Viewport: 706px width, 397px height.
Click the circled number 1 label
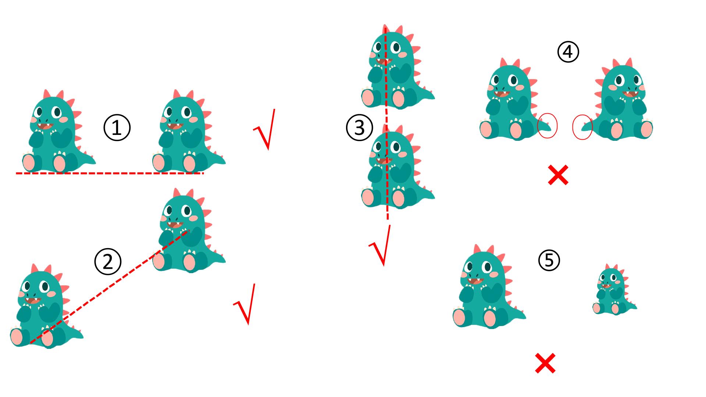coord(117,128)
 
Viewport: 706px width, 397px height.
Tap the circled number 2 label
coord(107,262)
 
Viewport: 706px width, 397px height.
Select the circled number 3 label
coord(359,128)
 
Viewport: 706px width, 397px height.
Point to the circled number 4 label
coord(568,52)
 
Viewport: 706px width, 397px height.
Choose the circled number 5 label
coord(549,260)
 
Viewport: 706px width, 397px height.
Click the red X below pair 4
coord(558,175)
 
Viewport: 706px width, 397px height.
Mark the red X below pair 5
coord(545,364)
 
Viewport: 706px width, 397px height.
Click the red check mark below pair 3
coord(381,245)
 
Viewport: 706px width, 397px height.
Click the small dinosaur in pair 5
coord(614,289)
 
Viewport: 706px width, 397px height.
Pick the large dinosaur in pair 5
coord(489,286)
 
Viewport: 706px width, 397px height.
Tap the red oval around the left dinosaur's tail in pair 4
coord(547,125)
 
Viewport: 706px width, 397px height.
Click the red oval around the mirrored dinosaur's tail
coord(582,127)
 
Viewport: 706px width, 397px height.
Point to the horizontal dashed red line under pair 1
coord(110,173)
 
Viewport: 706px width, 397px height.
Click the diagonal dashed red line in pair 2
coord(110,287)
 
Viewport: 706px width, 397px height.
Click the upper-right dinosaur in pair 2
coord(189,230)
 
